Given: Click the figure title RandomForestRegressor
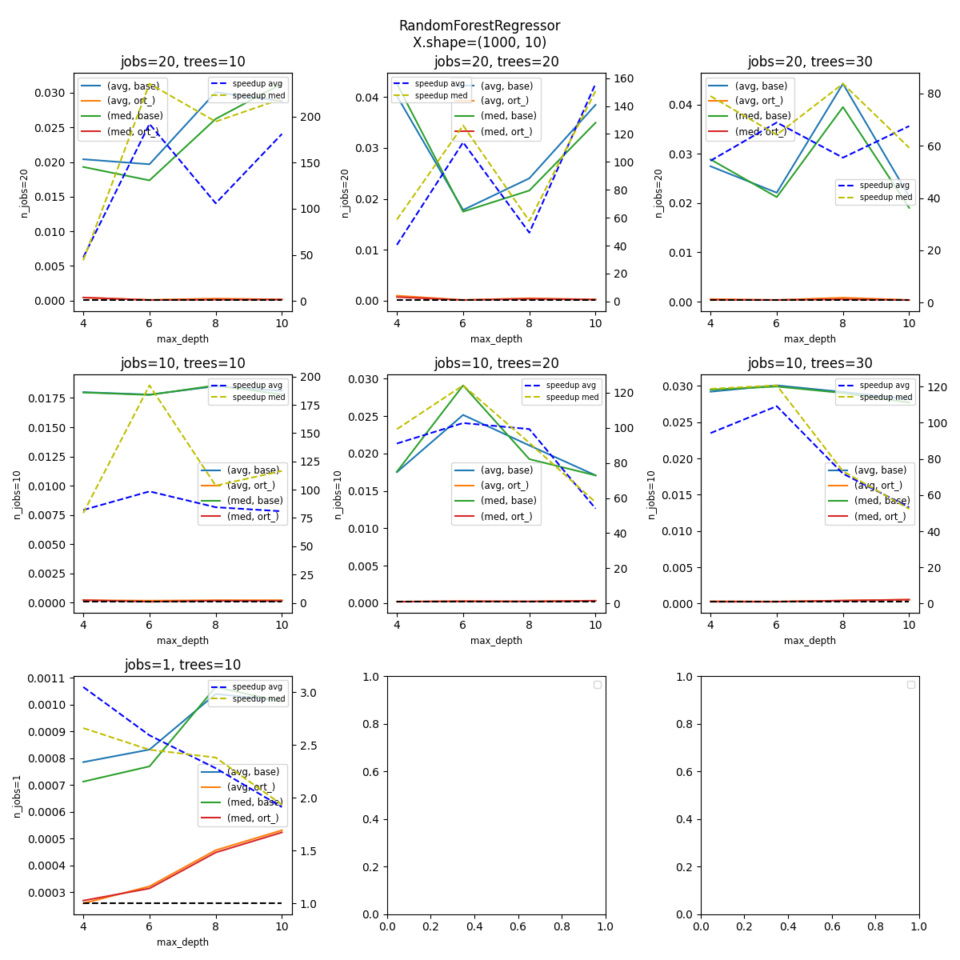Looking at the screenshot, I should point(479,26).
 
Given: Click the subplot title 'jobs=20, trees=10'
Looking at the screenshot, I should point(182,62).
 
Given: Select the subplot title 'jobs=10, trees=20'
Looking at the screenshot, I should point(496,363).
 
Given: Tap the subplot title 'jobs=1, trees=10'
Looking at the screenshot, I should point(182,665).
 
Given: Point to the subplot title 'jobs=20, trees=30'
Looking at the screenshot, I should point(810,62).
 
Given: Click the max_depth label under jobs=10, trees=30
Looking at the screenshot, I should point(810,641).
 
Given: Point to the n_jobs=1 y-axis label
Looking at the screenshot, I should point(18,795).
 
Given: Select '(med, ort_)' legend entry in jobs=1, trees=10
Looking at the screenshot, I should point(253,818).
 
